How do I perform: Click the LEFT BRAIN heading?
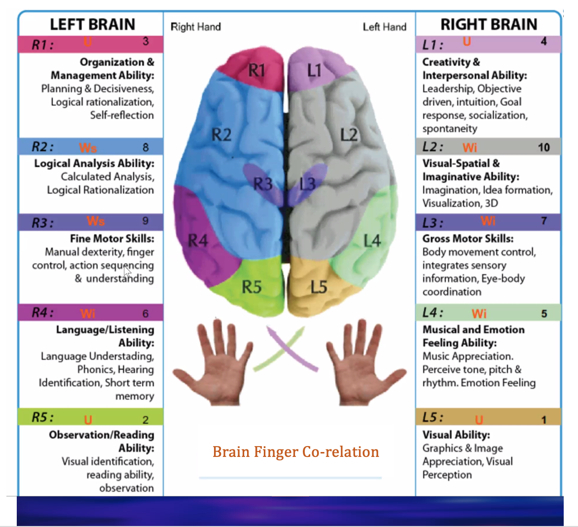[x=92, y=24]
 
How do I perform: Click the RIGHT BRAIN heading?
[x=488, y=24]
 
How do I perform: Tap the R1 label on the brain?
[x=256, y=70]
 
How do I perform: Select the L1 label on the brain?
[x=314, y=71]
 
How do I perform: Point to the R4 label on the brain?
[x=198, y=240]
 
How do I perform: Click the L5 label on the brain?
[x=319, y=286]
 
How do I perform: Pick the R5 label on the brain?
[x=252, y=286]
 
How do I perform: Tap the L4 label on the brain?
[x=372, y=241]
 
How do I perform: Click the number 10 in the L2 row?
[x=543, y=147]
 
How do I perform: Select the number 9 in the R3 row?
[x=145, y=221]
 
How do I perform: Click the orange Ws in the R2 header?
[x=88, y=148]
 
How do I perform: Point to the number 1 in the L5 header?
[x=544, y=420]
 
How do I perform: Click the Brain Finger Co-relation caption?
[x=295, y=452]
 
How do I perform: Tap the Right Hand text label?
[x=196, y=27]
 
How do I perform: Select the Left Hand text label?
[x=384, y=27]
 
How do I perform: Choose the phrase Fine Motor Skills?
[x=112, y=238]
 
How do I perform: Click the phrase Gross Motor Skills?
[x=468, y=238]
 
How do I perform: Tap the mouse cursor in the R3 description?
[x=127, y=271]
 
